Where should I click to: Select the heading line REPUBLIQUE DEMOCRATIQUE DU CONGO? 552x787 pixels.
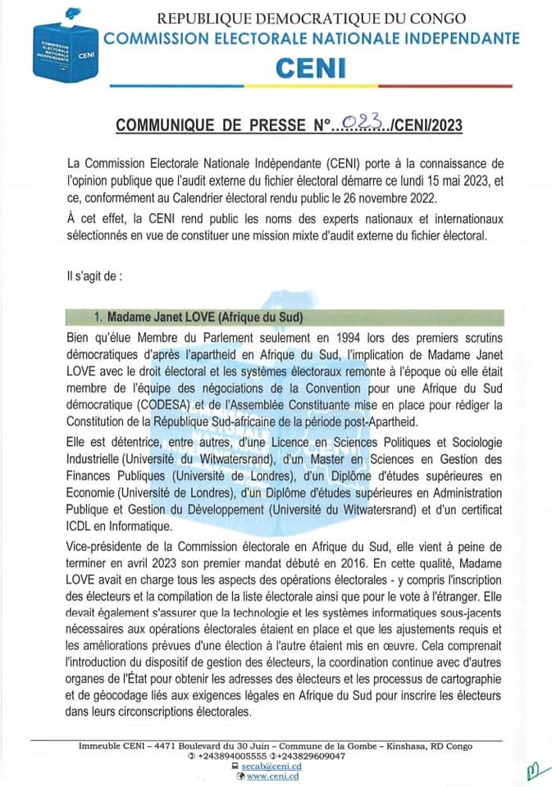(311, 18)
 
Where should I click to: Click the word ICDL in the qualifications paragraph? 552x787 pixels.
(82, 526)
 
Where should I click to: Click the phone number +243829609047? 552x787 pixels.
(314, 755)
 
